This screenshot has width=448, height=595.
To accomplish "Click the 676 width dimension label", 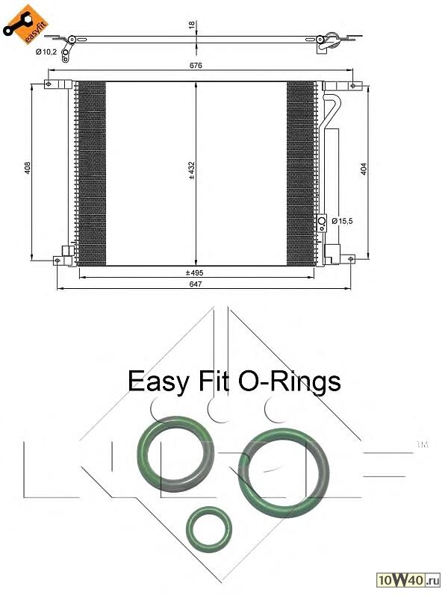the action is click(x=196, y=65).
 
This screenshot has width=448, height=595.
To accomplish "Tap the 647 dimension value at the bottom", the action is click(x=196, y=284).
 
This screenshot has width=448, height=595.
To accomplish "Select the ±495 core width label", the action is click(x=194, y=272).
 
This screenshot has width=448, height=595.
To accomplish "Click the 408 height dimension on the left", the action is click(x=28, y=168).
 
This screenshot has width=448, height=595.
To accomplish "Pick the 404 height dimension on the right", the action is click(x=364, y=169).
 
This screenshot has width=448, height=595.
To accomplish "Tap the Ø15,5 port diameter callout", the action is click(x=342, y=221).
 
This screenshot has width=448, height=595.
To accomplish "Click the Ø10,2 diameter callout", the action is click(x=46, y=52).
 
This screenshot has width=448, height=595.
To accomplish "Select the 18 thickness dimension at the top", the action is click(x=192, y=25).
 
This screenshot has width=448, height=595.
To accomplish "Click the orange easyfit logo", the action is click(x=26, y=25).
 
